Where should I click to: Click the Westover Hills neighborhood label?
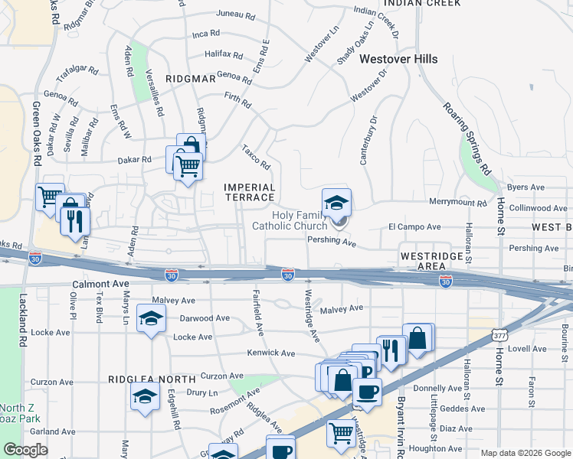click(398, 59)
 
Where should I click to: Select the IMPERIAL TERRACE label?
click(249, 192)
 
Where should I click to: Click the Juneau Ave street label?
click(236, 15)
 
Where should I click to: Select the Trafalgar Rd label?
click(77, 73)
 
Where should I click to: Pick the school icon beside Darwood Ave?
click(152, 318)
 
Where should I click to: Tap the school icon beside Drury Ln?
click(145, 398)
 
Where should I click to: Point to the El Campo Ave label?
click(414, 227)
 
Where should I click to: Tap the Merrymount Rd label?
click(458, 203)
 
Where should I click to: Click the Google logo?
click(25, 450)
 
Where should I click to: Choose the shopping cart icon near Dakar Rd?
click(188, 165)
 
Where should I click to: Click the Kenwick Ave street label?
click(270, 353)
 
